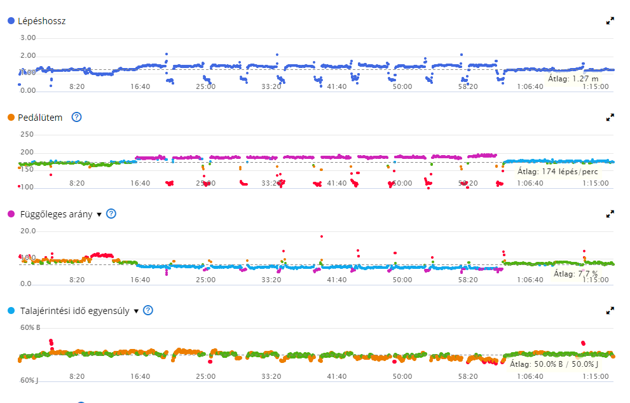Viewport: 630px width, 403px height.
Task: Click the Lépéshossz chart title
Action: pos(41,21)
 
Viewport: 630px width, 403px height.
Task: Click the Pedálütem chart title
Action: pos(40,118)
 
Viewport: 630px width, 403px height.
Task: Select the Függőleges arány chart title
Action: pos(55,214)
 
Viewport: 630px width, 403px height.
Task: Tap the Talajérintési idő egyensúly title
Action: pos(74,311)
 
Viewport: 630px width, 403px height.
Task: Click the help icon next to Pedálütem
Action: pos(77,117)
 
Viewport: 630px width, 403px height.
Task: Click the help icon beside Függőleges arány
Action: pos(111,214)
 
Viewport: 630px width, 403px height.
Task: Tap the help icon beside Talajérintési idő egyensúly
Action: pos(148,310)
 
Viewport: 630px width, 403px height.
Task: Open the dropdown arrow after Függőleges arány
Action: pos(99,215)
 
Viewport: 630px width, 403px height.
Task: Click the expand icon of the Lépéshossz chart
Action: pos(610,21)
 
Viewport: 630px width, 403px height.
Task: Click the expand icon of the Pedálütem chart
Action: pos(610,118)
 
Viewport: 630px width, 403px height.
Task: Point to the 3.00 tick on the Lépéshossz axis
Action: pos(28,38)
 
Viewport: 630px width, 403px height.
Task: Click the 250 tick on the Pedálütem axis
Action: pos(27,135)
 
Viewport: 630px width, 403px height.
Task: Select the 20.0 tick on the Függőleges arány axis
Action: pos(28,231)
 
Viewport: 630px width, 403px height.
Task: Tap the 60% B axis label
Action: pos(30,328)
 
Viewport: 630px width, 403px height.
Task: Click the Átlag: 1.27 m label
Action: pos(573,79)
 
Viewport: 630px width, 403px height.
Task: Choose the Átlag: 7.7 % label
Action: pos(575,274)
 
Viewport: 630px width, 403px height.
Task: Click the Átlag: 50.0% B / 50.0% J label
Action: pos(554,364)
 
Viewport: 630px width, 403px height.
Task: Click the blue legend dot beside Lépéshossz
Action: pos(11,21)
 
